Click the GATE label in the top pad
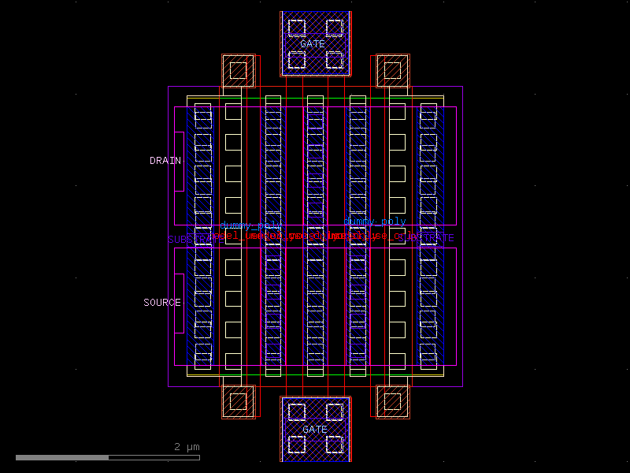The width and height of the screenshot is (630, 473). [x=312, y=44]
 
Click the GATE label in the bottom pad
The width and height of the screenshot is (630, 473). [x=315, y=430]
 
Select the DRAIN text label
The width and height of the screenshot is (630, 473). [x=165, y=161]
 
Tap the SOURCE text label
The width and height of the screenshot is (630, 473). [x=162, y=303]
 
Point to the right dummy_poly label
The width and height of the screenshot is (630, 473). [x=375, y=222]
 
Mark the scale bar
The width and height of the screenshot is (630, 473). [x=107, y=457]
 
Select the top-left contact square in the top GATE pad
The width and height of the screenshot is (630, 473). [x=296, y=28]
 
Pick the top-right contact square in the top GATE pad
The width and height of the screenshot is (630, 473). [x=335, y=28]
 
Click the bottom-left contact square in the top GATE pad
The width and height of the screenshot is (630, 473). [x=296, y=60]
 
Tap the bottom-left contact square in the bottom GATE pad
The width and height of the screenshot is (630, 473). [x=296, y=444]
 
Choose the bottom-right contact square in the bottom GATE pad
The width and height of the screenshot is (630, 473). [x=335, y=444]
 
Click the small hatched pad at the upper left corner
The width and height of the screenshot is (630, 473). [x=239, y=71]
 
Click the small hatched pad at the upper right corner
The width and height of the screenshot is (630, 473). [x=392, y=71]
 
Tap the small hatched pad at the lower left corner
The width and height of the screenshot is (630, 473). [x=239, y=401]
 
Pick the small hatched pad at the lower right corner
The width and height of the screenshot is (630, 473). [x=392, y=401]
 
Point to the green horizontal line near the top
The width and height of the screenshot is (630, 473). [x=315, y=99]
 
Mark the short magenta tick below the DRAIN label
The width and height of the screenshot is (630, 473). [x=179, y=191]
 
